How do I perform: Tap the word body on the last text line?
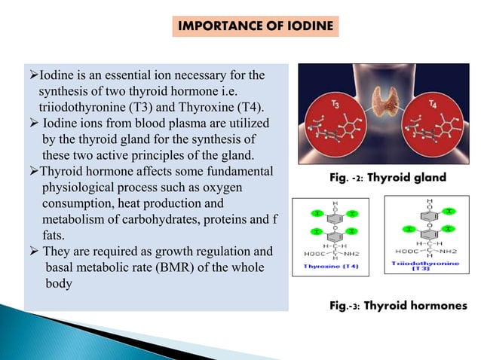pyautogui.click(x=57, y=284)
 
